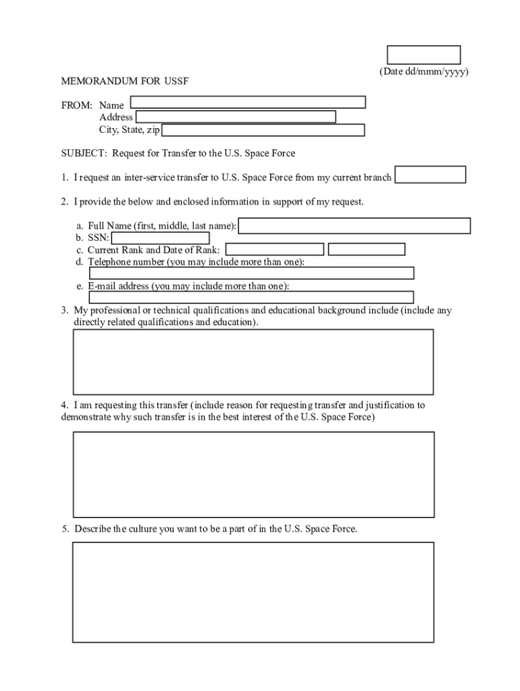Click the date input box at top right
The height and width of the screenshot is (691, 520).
[x=423, y=55]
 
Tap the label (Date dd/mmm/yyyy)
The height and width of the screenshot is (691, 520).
[x=423, y=72]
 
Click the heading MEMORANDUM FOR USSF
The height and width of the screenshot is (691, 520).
[x=125, y=82]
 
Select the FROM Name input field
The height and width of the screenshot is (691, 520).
[x=248, y=102]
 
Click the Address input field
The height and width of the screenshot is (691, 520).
[x=236, y=117]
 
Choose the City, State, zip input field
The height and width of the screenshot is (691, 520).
[x=263, y=130]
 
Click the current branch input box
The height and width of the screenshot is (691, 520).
[x=430, y=175]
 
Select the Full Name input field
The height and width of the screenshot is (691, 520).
[x=355, y=225]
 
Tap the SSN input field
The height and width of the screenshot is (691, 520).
[x=160, y=238]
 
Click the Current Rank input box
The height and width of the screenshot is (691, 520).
[x=274, y=250]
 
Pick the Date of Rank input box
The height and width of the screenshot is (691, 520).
[x=367, y=250]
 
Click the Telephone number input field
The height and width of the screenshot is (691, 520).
[x=251, y=273]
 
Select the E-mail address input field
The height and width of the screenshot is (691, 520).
[x=251, y=297]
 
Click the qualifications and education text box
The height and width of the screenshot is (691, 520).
[x=253, y=362]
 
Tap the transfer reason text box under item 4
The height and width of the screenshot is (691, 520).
[x=253, y=474]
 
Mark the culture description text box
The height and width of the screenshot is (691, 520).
[x=253, y=592]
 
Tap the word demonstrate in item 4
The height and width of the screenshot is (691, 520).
[x=87, y=417]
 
